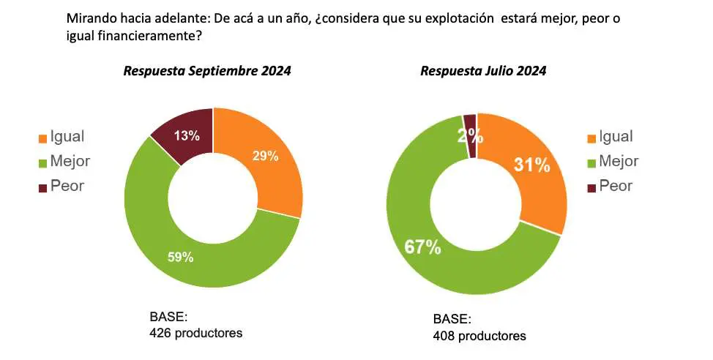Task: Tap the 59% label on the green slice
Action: point(180,257)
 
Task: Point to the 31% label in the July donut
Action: point(531,165)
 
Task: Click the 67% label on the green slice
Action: point(422,247)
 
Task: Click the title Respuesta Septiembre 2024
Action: point(207,71)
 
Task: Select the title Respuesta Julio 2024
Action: point(483,71)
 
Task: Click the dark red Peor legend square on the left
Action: point(42,187)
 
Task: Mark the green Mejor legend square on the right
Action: point(591,162)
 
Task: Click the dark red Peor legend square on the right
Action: point(591,187)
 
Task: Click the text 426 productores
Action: point(195,333)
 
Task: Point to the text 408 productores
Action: point(479,336)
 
